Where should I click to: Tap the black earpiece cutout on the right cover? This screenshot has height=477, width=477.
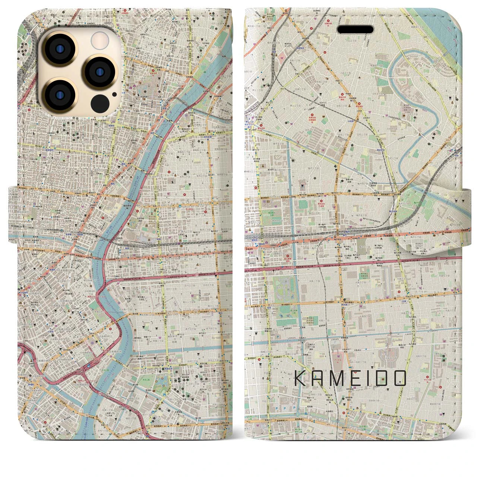click(355, 29)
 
